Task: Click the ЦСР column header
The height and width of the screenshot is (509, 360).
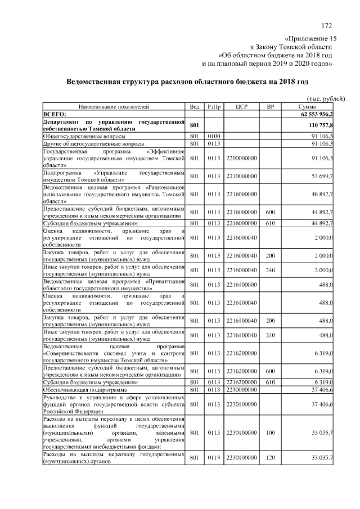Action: (242, 106)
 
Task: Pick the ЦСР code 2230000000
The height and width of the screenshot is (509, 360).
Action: (242, 390)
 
